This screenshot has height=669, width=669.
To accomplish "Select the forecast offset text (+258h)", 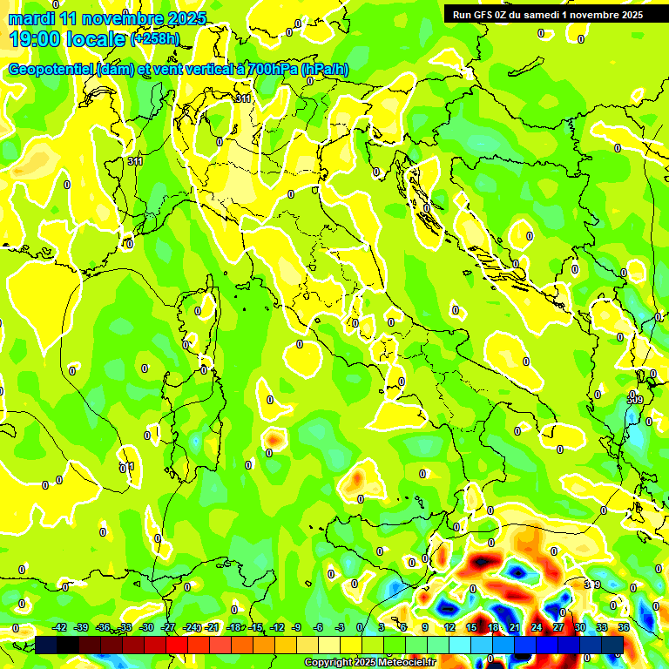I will point(155,38).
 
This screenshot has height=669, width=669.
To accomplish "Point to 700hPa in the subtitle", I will point(272,70).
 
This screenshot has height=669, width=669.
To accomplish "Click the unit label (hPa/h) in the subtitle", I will point(325,70).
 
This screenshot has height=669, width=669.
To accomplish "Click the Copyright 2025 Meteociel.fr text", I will point(369,663).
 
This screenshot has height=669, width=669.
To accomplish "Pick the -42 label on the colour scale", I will point(60,628).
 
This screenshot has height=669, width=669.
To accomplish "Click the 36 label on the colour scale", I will point(624,628).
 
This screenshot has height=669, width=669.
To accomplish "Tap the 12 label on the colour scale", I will point(449,628).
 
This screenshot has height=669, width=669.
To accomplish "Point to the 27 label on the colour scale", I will point(558,628).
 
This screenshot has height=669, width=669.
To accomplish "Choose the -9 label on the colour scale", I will point(296,628).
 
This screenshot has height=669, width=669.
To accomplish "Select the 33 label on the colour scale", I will point(602,628).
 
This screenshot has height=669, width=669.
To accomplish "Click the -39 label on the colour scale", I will point(82,628).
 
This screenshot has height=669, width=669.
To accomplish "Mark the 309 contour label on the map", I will point(634,399).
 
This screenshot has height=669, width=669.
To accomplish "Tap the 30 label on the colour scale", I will point(580,628).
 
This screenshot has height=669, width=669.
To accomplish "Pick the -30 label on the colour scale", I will point(146,628).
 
